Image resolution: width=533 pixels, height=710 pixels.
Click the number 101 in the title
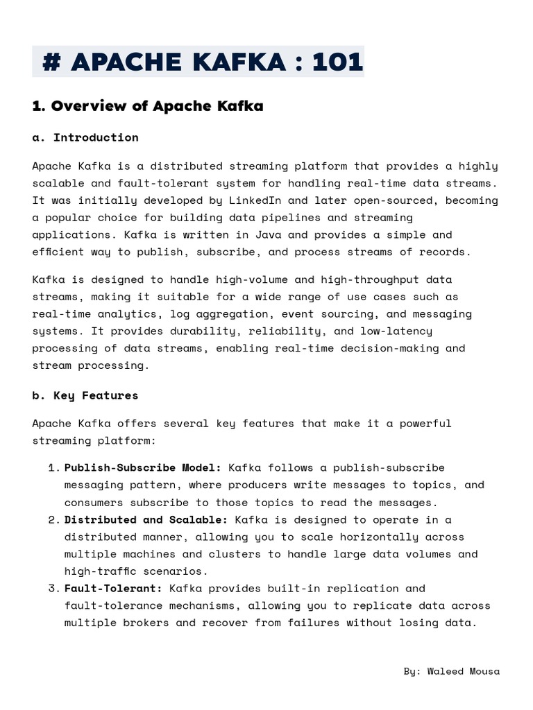coord(337,62)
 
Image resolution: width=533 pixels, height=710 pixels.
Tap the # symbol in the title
coord(51,62)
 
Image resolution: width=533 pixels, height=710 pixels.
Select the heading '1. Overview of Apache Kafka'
coord(148,106)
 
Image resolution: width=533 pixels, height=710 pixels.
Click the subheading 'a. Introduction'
coord(85,137)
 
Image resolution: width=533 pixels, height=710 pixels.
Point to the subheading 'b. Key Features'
coord(85,395)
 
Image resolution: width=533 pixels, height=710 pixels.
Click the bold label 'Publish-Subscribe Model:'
coord(143,467)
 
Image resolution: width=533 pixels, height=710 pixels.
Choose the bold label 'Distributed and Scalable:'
coord(146,519)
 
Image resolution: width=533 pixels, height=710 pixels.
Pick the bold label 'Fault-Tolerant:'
coord(113,588)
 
